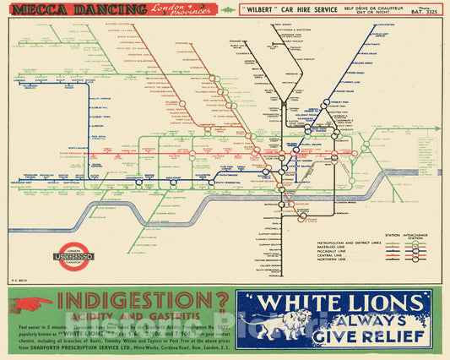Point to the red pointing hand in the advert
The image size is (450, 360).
(33, 303)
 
